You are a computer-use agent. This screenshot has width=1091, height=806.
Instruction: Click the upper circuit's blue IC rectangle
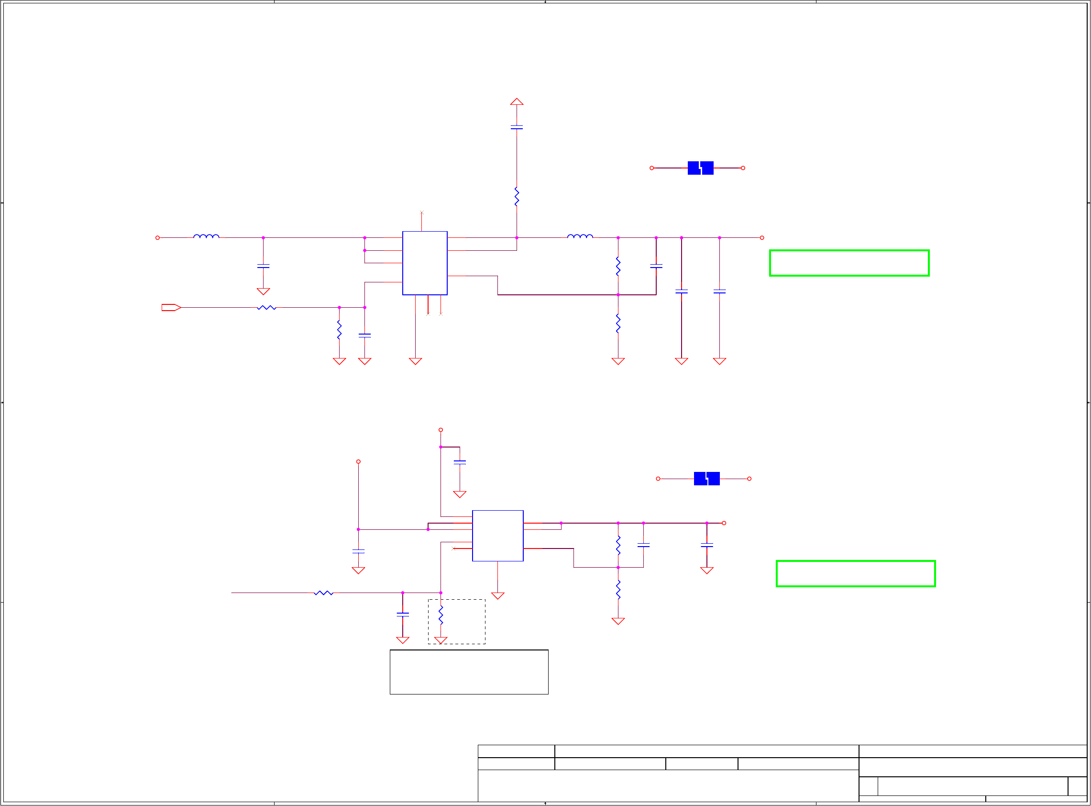[425, 263]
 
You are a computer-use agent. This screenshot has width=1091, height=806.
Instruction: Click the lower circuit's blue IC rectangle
[497, 536]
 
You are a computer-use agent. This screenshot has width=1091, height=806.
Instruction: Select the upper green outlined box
[849, 263]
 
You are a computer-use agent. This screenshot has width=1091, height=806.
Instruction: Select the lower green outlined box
[855, 573]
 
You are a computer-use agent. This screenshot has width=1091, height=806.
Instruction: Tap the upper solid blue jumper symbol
[700, 168]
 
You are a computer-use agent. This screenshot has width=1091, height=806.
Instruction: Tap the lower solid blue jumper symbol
[706, 479]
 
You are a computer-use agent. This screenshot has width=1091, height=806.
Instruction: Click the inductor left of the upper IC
[206, 236]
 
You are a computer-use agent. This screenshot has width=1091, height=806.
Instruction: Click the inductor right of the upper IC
[580, 236]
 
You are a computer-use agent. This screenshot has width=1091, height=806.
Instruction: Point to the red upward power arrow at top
[517, 101]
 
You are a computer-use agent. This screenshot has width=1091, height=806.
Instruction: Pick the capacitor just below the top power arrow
[517, 127]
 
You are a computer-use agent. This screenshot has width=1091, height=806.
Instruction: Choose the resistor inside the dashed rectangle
[441, 616]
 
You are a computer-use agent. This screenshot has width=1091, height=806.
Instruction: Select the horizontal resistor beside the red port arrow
[266, 307]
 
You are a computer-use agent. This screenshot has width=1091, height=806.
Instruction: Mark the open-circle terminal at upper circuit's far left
[157, 237]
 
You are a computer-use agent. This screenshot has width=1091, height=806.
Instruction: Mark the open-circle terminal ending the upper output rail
[762, 237]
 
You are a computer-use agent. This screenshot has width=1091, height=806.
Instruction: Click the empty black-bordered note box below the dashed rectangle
[469, 672]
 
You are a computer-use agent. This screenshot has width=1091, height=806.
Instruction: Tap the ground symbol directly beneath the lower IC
[498, 595]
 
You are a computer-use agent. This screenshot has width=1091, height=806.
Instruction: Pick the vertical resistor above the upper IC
[517, 197]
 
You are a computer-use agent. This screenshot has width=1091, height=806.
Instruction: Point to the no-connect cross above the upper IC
[422, 213]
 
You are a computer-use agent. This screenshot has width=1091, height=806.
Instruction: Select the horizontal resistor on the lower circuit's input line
[324, 593]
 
